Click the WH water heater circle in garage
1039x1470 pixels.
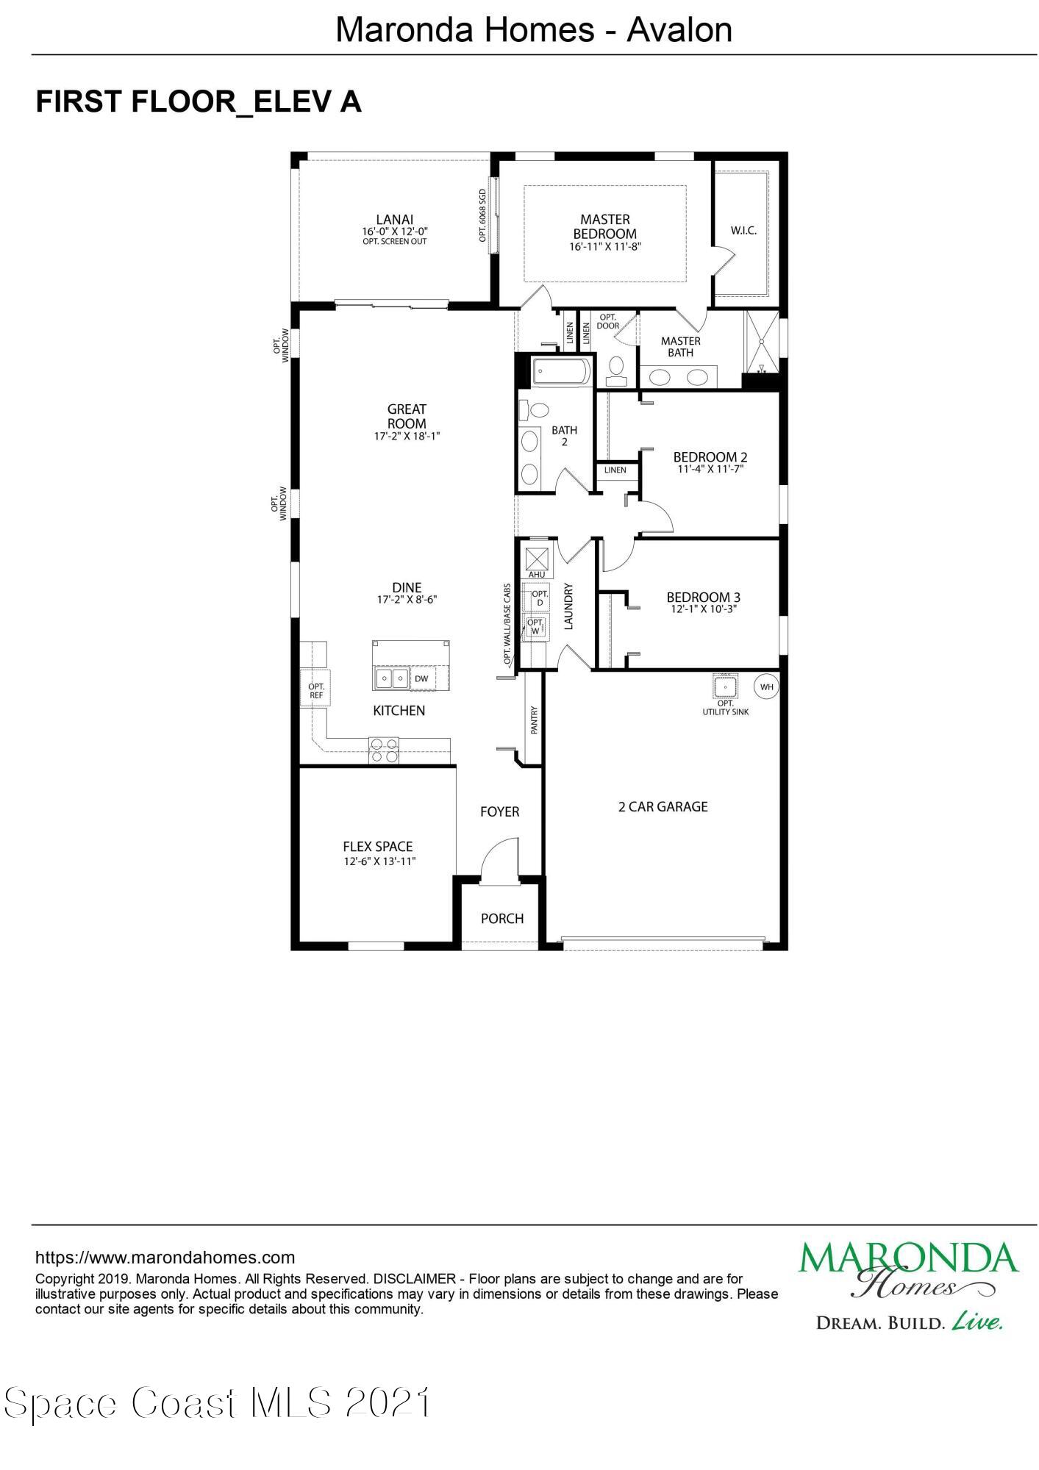(x=766, y=687)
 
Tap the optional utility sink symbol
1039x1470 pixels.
(x=725, y=686)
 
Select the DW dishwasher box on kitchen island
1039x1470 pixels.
(x=421, y=678)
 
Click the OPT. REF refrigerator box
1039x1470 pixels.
(x=316, y=689)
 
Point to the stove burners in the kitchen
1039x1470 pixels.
(x=384, y=750)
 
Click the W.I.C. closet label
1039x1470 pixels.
(x=743, y=231)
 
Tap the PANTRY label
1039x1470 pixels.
(x=535, y=720)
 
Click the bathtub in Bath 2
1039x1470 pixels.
(x=562, y=371)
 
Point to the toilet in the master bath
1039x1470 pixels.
(x=616, y=367)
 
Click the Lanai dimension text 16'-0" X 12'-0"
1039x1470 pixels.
(x=394, y=232)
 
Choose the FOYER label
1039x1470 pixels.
(x=499, y=811)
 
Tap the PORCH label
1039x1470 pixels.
(x=502, y=918)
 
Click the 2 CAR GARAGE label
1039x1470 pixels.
(x=663, y=806)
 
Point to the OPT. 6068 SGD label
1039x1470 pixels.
(x=483, y=215)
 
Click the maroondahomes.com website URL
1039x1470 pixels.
(x=165, y=1258)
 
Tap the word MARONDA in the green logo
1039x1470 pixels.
(x=908, y=1258)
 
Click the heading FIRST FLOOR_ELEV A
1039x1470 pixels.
(x=199, y=101)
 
